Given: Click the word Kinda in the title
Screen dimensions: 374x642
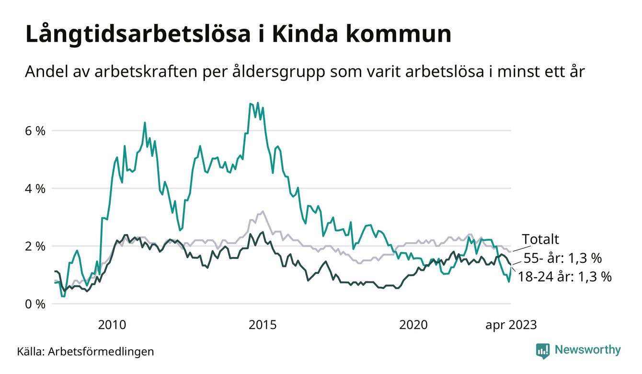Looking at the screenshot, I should pyautogui.click(x=309, y=35).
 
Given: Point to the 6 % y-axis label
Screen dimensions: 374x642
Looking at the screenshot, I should pyautogui.click(x=34, y=130).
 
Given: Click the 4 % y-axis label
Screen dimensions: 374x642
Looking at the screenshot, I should pyautogui.click(x=34, y=188).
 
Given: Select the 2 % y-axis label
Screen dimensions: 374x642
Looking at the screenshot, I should pyautogui.click(x=34, y=246).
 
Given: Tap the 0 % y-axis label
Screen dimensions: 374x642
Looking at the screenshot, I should pyautogui.click(x=34, y=304).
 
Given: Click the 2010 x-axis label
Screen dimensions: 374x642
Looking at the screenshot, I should pyautogui.click(x=112, y=325).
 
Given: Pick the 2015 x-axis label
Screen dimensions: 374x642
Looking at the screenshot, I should pyautogui.click(x=263, y=325).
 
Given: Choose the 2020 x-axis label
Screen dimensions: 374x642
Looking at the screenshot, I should pyautogui.click(x=413, y=325).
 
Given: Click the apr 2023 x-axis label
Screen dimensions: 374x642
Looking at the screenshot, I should pyautogui.click(x=511, y=325).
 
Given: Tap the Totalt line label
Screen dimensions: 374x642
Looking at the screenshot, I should pyautogui.click(x=540, y=239).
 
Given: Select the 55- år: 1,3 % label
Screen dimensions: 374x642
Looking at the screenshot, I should pyautogui.click(x=562, y=258).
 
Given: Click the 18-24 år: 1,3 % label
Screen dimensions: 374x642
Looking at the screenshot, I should pyautogui.click(x=565, y=277).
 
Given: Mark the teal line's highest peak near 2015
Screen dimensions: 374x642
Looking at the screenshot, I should pyautogui.click(x=258, y=103).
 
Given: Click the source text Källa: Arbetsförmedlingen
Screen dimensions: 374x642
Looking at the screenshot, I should pyautogui.click(x=86, y=351).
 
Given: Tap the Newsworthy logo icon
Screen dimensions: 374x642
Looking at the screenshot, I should pyautogui.click(x=543, y=351).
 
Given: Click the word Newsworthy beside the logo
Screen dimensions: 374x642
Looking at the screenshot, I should pyautogui.click(x=587, y=350).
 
